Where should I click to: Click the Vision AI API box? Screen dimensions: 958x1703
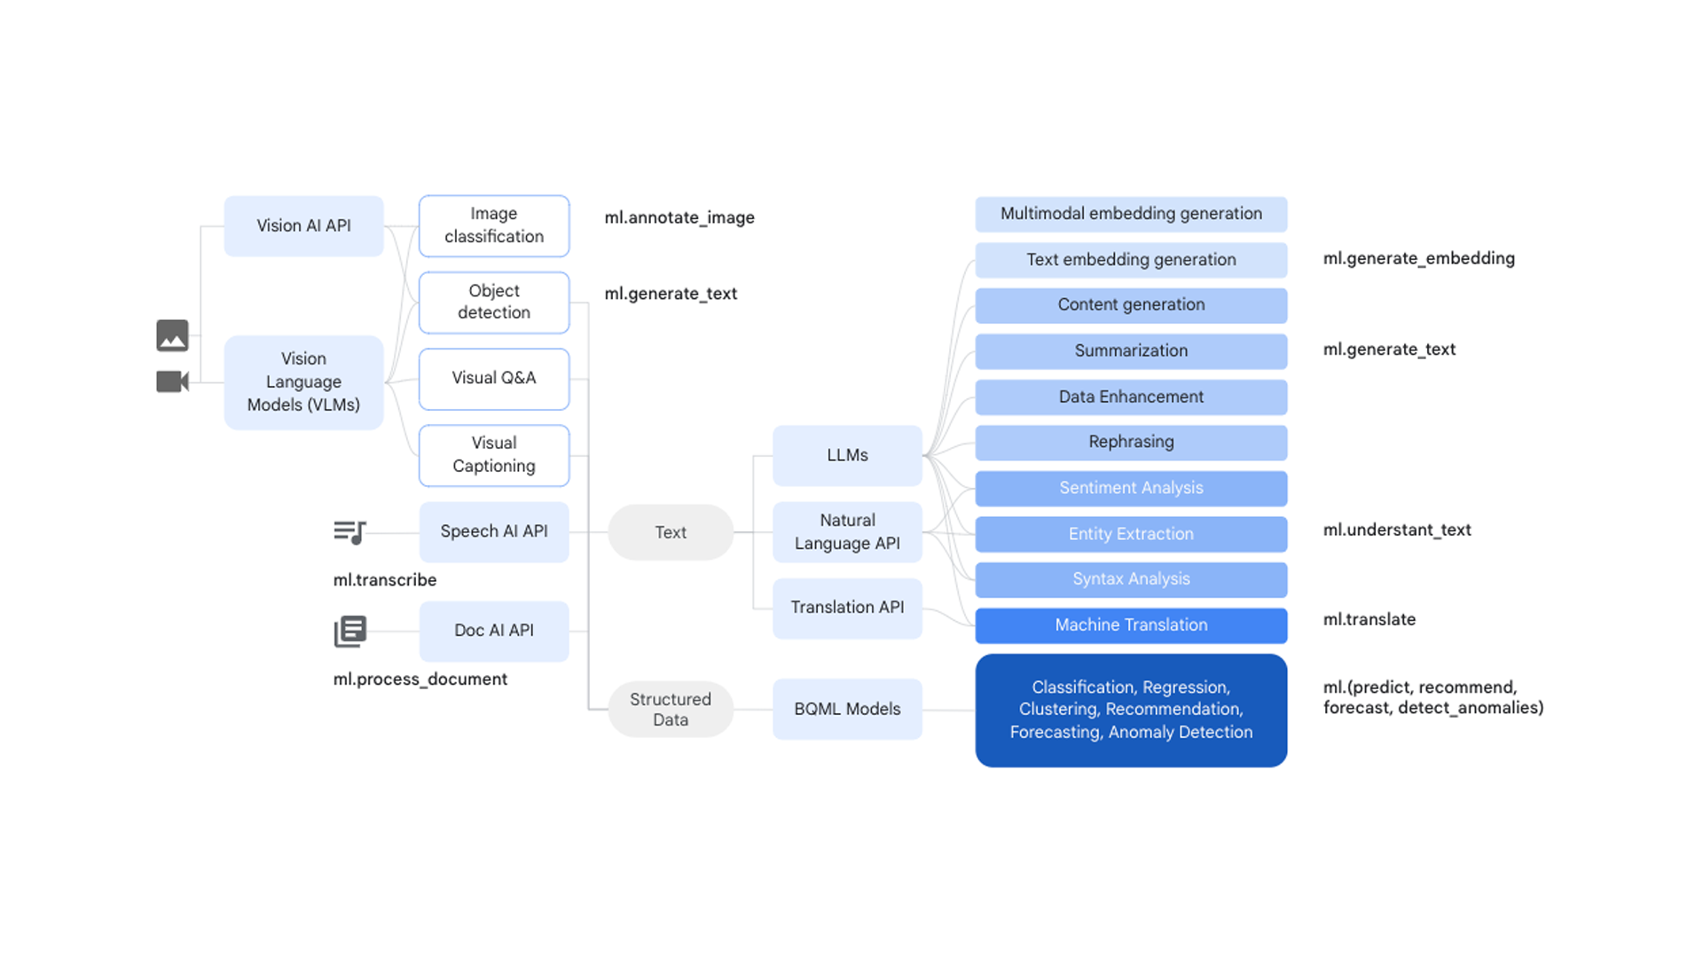303,226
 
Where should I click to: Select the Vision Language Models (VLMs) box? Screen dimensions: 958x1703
303,382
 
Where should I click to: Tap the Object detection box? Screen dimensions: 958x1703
494,302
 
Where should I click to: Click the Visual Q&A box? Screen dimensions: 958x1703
494,379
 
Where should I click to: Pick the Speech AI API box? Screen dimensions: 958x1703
494,531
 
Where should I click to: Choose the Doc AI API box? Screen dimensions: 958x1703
494,631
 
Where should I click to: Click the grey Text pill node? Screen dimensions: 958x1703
671,532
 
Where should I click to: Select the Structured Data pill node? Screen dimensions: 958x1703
671,710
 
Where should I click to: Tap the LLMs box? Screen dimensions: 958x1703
847,455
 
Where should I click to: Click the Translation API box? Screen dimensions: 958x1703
847,608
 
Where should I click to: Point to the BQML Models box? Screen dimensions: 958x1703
847,710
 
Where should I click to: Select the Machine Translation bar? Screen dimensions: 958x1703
1131,625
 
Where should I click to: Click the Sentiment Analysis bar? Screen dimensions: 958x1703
1131,488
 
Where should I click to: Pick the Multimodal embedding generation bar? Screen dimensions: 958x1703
1131,214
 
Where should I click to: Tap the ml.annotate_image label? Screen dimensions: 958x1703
679,218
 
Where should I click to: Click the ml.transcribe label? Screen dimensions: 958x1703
385,580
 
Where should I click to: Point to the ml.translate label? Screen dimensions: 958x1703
1369,620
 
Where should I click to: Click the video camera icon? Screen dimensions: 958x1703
172,381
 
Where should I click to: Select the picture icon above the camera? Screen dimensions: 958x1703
172,335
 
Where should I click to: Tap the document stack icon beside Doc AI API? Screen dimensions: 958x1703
350,632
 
